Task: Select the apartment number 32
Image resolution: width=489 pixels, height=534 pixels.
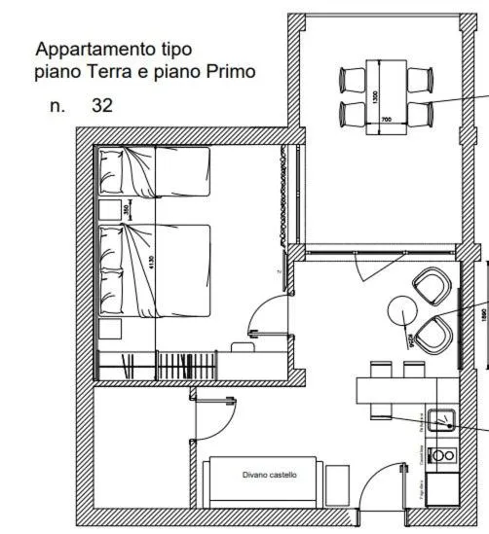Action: [x=101, y=105]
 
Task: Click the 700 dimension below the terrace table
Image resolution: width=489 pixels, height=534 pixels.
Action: [x=386, y=120]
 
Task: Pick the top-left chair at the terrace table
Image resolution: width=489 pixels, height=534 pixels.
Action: [x=351, y=79]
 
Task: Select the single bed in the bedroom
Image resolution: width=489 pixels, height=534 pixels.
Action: [x=156, y=171]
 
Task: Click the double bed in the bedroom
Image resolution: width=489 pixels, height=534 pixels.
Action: [x=156, y=269]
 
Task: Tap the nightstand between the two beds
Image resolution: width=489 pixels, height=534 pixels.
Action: [x=109, y=209]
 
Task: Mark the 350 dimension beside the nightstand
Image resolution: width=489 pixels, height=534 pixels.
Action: [x=127, y=208]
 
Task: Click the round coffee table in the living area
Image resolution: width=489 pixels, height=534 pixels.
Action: [x=402, y=310]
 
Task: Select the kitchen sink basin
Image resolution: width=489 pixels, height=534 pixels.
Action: [x=442, y=420]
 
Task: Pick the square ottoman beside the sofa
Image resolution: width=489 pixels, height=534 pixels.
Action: [x=337, y=483]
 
